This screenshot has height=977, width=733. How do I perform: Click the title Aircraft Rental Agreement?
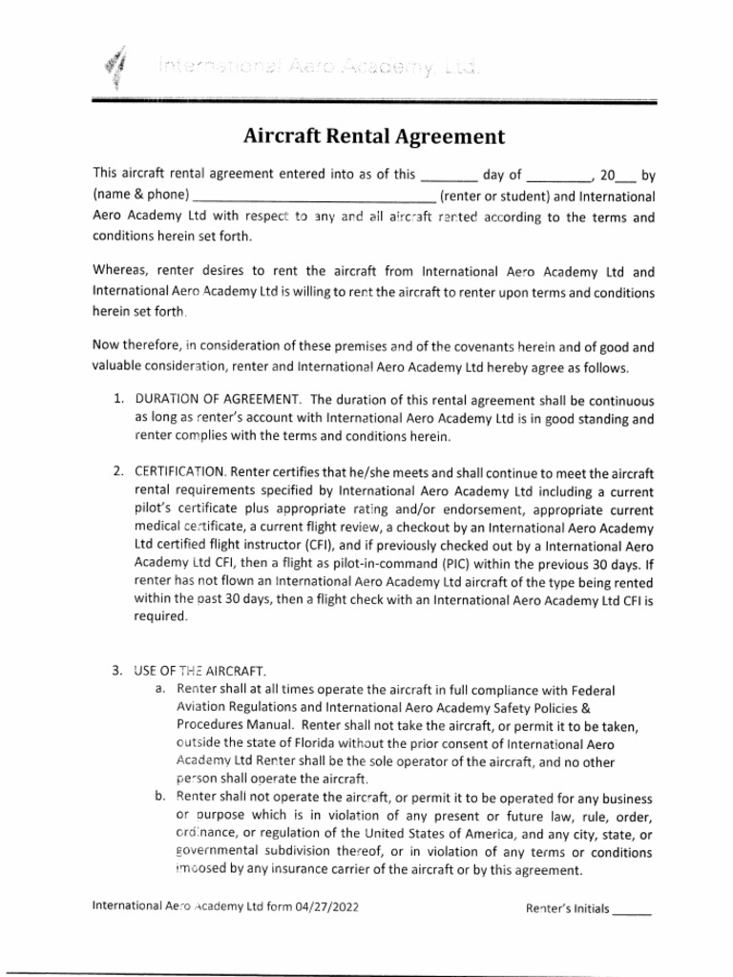tap(374, 136)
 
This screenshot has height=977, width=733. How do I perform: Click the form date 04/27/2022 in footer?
tap(327, 907)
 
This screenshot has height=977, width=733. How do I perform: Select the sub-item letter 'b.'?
tap(161, 799)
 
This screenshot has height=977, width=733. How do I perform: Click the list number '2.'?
tap(118, 471)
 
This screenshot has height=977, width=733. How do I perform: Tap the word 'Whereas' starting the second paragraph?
tap(120, 271)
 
